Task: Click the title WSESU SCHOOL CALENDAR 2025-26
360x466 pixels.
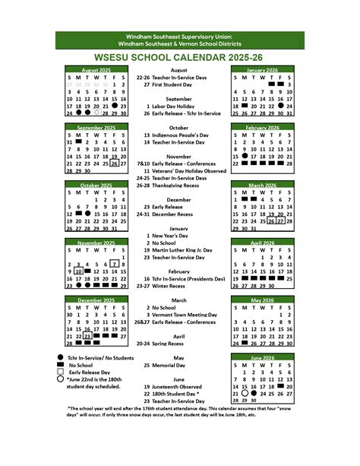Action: pyautogui.click(x=179, y=56)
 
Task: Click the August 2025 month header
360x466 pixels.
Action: pyautogui.click(x=96, y=70)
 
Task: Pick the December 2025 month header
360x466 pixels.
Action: pyautogui.click(x=96, y=300)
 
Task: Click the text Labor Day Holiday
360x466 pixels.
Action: pyautogui.click(x=175, y=106)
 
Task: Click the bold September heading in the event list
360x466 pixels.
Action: pyautogui.click(x=179, y=99)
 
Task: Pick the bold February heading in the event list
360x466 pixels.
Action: pyautogui.click(x=179, y=271)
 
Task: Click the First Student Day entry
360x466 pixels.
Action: pyautogui.click(x=176, y=84)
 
